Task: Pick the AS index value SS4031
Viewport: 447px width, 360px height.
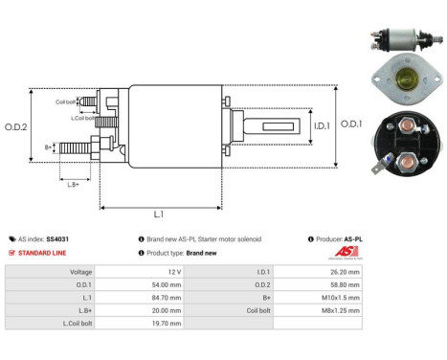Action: pyautogui.click(x=59, y=238)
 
